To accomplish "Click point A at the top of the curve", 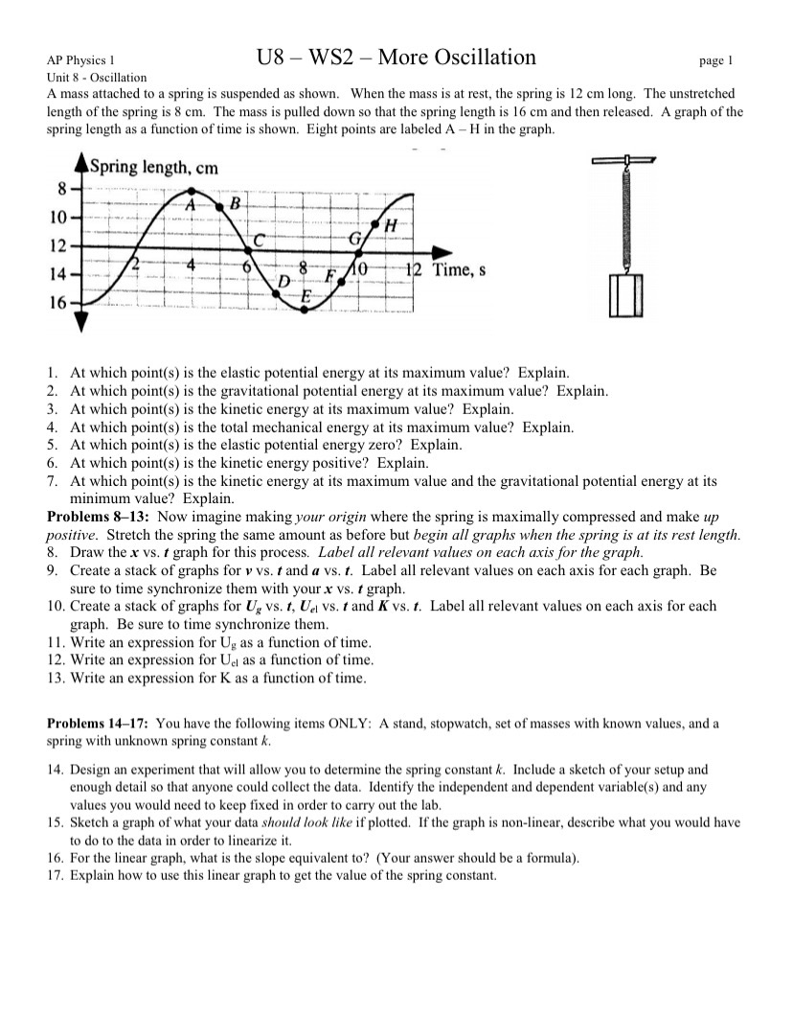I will [x=193, y=191].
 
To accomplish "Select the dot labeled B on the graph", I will [x=221, y=205].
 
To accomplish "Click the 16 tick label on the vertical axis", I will [x=57, y=303].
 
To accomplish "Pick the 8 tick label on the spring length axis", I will [x=61, y=187].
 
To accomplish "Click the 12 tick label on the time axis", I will [x=414, y=269].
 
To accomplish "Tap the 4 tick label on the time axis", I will [x=192, y=266].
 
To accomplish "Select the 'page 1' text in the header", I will [x=715, y=61].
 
